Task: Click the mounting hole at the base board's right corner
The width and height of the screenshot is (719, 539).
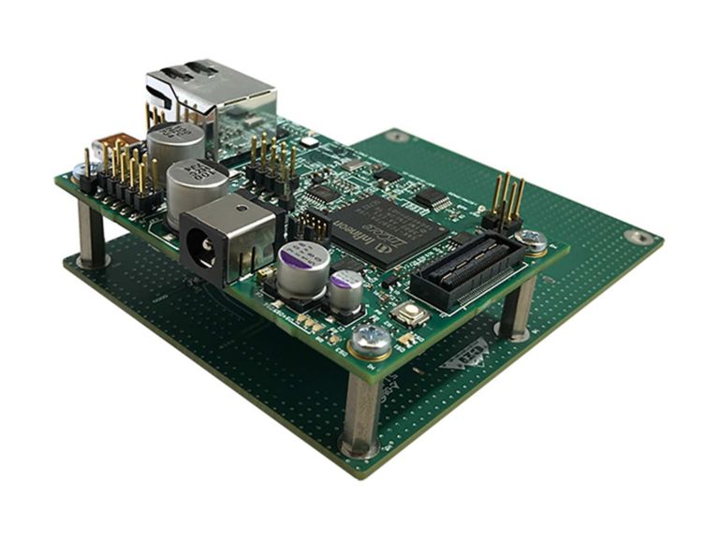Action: (639, 237)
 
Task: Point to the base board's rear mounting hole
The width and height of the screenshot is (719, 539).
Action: (397, 138)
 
